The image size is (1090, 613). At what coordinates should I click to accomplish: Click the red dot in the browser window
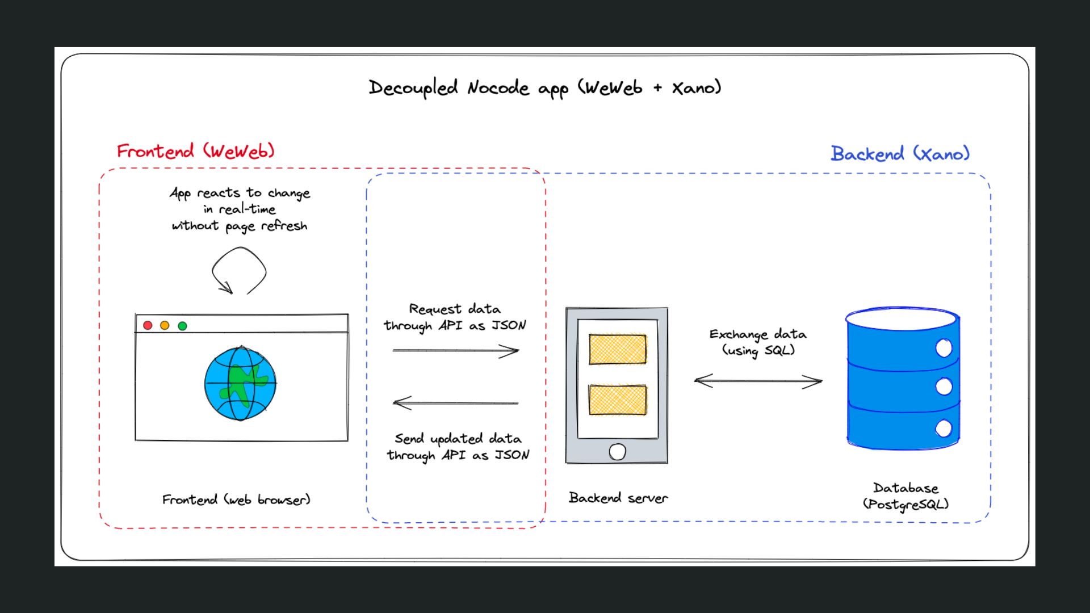pos(148,325)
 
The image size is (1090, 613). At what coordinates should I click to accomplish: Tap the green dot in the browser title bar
pos(182,326)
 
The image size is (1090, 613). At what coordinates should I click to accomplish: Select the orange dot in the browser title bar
pos(165,325)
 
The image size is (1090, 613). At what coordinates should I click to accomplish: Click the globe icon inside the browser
pos(240,384)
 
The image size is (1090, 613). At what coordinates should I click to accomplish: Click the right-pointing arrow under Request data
pos(455,351)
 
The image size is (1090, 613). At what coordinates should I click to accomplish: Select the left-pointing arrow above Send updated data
pos(455,403)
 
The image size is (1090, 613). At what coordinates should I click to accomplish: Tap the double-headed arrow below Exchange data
pos(758,381)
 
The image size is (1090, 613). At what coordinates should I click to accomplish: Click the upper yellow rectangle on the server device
pos(617,349)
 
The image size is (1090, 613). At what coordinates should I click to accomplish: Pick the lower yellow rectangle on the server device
pos(617,400)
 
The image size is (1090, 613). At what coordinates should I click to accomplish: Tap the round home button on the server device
pos(617,452)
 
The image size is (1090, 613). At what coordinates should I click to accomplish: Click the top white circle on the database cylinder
pos(944,348)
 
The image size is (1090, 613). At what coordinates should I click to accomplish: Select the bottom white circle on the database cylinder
pos(944,429)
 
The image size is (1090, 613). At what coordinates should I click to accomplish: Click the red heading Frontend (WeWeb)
pos(196,151)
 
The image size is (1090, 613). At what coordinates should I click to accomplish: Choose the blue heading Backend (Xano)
pos(900,153)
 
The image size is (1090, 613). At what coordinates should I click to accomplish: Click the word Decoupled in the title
pos(413,88)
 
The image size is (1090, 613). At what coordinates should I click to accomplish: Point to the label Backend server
pos(618,498)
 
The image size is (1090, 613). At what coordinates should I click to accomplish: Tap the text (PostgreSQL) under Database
pos(905,504)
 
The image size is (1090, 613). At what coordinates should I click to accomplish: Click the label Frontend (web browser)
pos(236,499)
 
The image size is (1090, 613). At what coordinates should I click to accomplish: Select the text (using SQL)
pos(758,350)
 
